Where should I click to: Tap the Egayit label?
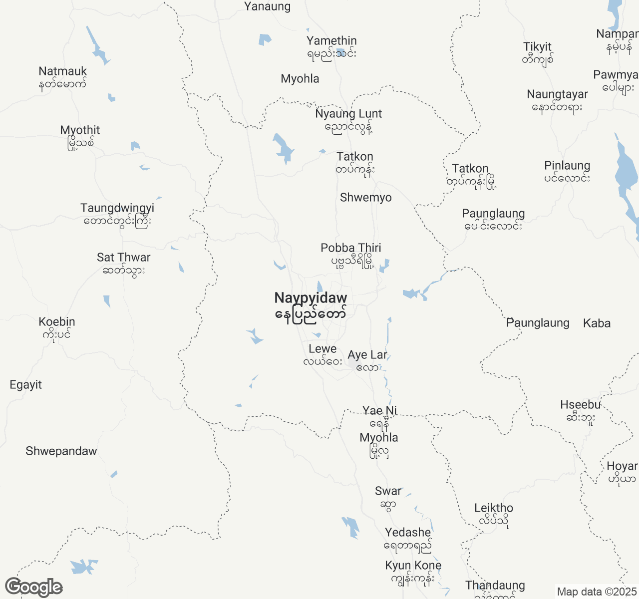coord(26,385)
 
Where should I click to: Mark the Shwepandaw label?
coord(61,451)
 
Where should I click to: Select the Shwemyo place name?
coord(366,198)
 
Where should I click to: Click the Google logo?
coord(34,588)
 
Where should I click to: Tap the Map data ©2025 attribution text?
coord(597,592)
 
